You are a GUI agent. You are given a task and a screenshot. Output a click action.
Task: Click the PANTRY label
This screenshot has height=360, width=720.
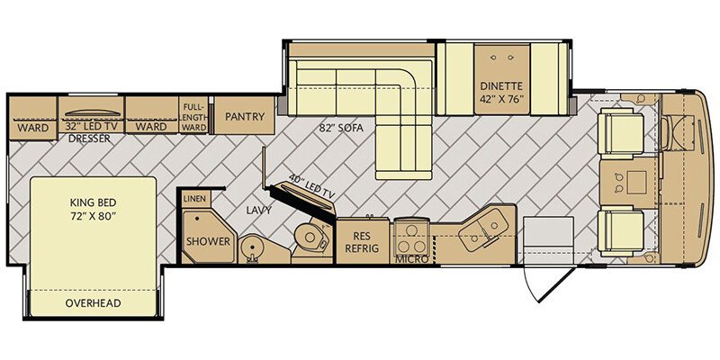(245, 117)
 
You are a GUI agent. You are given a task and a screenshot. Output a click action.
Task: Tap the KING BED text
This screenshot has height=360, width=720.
(94, 202)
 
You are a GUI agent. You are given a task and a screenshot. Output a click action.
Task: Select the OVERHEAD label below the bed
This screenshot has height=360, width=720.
(94, 303)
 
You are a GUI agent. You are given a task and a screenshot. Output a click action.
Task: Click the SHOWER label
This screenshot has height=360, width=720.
(208, 241)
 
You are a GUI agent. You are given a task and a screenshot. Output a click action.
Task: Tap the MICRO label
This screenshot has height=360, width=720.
(412, 260)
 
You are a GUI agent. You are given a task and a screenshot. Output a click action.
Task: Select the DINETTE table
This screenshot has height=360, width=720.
(502, 79)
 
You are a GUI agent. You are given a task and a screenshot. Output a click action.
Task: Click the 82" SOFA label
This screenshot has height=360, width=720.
(341, 129)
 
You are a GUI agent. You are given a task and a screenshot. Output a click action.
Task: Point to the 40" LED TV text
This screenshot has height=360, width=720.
(311, 186)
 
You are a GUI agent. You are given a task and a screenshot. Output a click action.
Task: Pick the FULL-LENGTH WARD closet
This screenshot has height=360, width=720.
(193, 115)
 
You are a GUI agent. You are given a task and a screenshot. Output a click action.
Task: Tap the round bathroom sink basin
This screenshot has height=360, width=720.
(252, 248)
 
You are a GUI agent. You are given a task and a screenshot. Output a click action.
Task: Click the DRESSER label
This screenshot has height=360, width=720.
(90, 139)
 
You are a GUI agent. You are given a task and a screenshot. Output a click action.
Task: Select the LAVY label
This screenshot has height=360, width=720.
(257, 211)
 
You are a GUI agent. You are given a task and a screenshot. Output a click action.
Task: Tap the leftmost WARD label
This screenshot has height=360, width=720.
(33, 128)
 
